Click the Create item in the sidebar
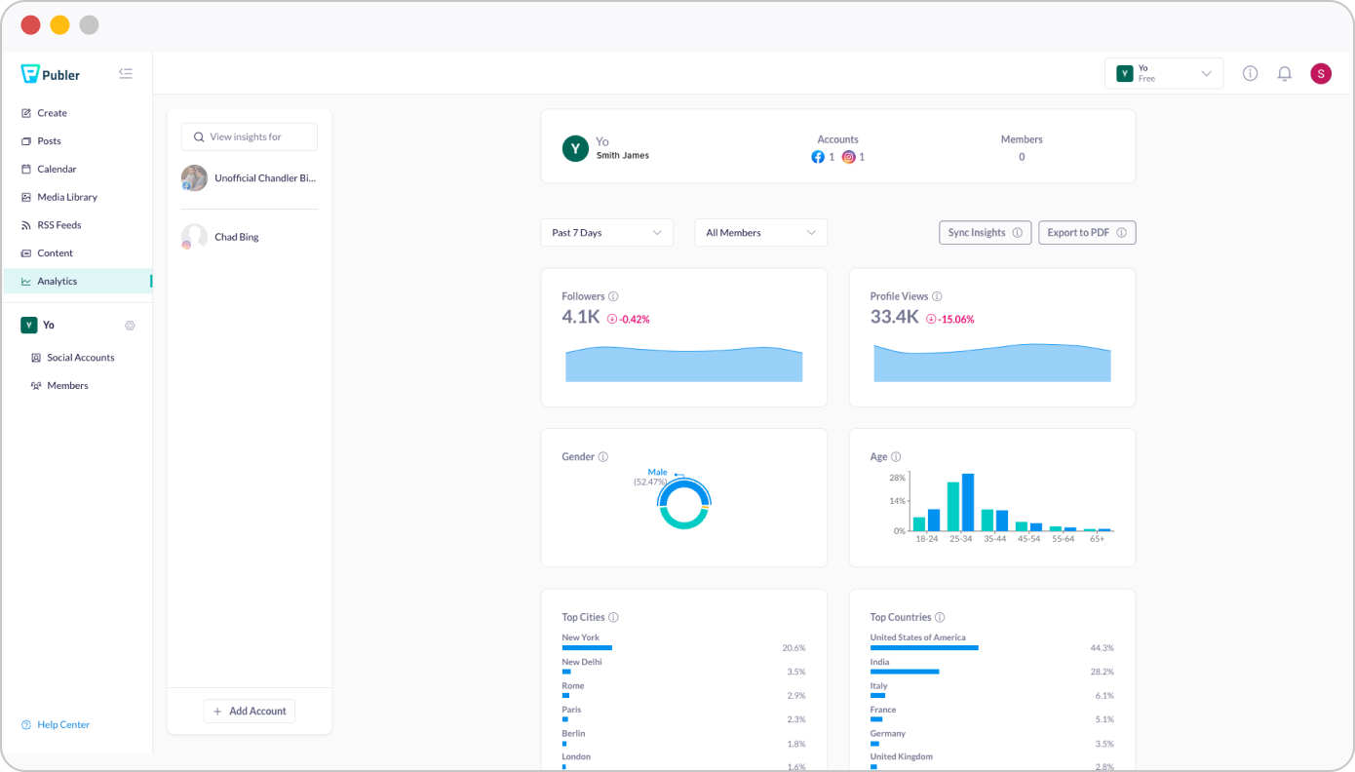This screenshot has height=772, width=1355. point(52,113)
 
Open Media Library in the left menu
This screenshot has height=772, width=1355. point(66,197)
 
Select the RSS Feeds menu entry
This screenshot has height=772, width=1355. point(58,225)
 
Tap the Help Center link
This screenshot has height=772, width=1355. point(62,725)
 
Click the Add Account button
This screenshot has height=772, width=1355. point(250,712)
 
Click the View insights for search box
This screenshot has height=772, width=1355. point(250,137)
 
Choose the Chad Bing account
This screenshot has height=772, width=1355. point(236,237)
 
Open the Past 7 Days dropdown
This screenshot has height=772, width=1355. point(606,233)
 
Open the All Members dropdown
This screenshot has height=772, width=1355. point(760,233)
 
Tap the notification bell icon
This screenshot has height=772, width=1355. point(1285,74)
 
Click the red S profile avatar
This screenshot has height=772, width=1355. point(1321,74)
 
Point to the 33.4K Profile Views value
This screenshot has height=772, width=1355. point(894,317)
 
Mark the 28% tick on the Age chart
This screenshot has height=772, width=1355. point(897,478)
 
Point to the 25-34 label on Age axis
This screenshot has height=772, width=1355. point(960,539)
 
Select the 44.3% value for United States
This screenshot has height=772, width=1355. point(1102,648)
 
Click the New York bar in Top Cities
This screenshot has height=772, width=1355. point(587,647)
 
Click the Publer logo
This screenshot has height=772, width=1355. point(51,74)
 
